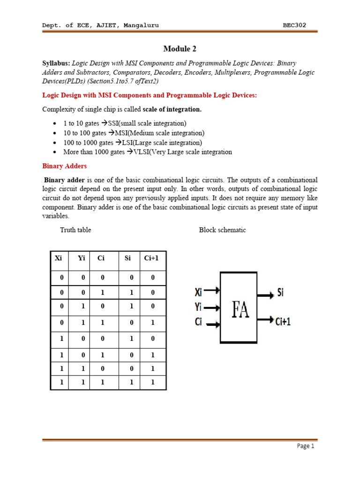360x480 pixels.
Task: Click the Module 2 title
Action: [180, 49]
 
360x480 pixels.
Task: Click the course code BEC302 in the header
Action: [294, 25]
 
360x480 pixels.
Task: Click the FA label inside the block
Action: [240, 309]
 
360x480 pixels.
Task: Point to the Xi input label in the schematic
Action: [198, 292]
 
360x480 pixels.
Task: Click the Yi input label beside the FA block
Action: [198, 308]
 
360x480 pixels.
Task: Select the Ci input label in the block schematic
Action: [198, 323]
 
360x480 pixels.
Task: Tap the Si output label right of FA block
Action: [280, 293]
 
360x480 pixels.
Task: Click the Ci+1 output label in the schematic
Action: [284, 322]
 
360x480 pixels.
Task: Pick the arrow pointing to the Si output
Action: [266, 295]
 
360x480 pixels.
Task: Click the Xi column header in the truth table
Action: [59, 258]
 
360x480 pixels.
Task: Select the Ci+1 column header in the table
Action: [151, 258]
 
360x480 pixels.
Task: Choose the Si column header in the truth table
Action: [128, 258]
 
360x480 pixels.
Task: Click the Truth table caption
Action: [75, 230]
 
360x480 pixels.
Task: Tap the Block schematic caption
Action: [222, 230]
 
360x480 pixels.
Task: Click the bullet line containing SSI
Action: [125, 123]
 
